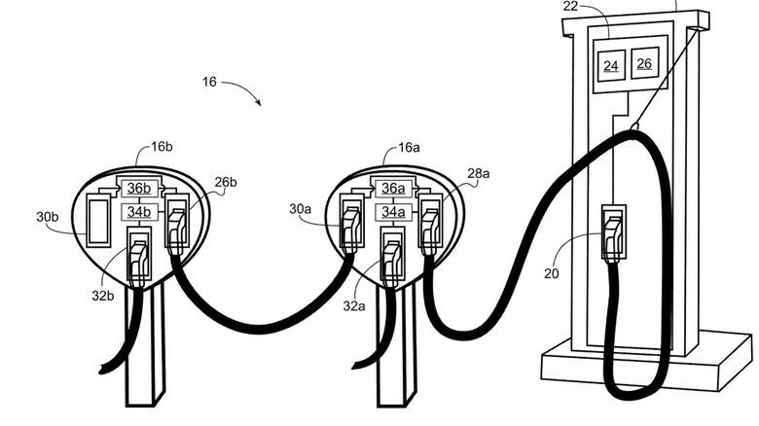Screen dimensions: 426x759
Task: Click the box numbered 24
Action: pos(611,65)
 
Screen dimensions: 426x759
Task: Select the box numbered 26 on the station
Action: pos(643,64)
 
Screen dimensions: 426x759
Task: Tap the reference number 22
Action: pos(571,7)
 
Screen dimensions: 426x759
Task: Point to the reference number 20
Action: pos(552,273)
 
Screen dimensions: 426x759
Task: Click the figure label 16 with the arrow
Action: pos(209,82)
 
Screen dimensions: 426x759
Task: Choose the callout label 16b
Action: pos(162,147)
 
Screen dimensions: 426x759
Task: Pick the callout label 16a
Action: pos(409,147)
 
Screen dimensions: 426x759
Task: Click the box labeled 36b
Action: pos(138,188)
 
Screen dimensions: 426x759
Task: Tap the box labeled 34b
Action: pos(138,211)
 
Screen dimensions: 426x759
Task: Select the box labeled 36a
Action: pos(392,188)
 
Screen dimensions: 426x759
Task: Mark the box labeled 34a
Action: pos(392,211)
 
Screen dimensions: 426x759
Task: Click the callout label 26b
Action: pos(226,182)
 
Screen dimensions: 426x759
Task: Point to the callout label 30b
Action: pos(49,217)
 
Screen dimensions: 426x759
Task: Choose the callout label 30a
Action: pos(301,208)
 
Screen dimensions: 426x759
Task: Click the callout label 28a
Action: pos(479,173)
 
